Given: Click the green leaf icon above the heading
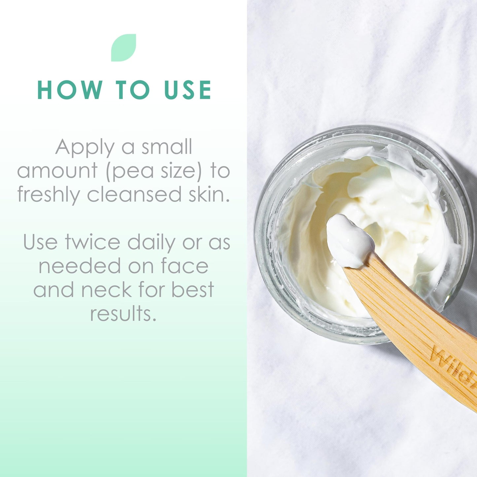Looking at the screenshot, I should [x=123, y=48].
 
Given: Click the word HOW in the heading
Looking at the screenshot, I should [x=70, y=89].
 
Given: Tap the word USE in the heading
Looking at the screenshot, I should [x=188, y=89].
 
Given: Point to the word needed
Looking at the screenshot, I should [x=80, y=266].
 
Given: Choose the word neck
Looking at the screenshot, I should [x=107, y=290].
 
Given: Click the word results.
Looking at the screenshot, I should [x=123, y=313].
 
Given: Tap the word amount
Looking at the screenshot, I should [x=58, y=171].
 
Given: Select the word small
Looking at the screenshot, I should [x=167, y=148].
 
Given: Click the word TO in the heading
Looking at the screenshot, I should [x=133, y=89].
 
